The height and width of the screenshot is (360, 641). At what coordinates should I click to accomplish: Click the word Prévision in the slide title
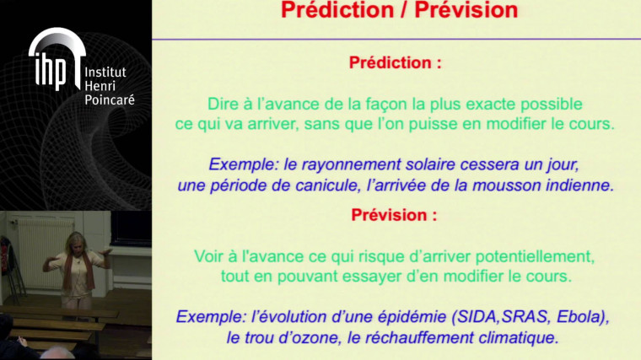[463, 11]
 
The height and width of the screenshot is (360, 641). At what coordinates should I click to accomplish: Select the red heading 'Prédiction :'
[395, 63]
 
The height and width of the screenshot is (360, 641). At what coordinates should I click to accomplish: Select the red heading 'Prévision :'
[395, 214]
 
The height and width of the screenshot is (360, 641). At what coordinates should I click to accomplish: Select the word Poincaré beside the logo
[109, 99]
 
